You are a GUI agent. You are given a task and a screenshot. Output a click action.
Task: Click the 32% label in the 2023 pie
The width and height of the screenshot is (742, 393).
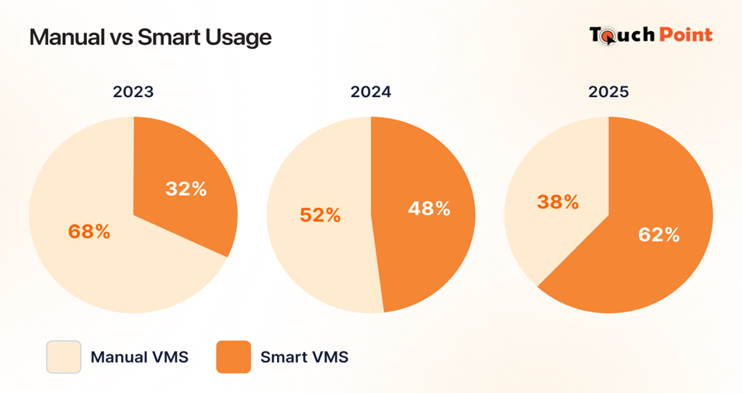[x=186, y=189]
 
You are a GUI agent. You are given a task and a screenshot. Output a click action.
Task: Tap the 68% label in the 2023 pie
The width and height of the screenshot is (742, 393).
[x=89, y=231]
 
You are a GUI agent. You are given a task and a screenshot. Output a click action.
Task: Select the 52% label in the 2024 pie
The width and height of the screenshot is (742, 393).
[x=321, y=215]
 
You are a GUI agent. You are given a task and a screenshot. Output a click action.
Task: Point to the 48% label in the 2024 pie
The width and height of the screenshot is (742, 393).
[x=429, y=208]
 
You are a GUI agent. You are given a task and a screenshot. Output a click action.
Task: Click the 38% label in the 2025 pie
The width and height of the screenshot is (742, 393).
[x=558, y=202]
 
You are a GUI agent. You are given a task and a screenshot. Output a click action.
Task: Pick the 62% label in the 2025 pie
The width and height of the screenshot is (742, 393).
[x=659, y=234]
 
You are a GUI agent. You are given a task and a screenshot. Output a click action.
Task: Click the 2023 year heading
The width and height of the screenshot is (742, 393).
[x=133, y=92]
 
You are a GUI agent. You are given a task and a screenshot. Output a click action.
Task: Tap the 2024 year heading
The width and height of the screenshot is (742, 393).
[x=371, y=92]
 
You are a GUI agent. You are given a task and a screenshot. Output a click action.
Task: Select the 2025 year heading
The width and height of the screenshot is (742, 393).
[x=609, y=92]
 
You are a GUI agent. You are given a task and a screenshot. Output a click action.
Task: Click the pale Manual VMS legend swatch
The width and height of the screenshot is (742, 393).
[x=63, y=357]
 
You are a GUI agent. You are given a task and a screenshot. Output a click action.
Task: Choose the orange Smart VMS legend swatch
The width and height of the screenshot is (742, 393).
[x=234, y=357]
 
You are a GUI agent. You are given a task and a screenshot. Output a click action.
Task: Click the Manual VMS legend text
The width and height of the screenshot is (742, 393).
[x=140, y=358]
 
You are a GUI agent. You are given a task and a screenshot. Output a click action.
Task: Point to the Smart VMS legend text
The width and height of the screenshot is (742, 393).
[x=304, y=358]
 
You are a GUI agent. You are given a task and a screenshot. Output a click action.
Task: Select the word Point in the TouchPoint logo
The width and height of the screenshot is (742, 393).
[x=685, y=35]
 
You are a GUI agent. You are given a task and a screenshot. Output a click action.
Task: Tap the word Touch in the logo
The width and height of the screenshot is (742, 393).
[x=621, y=35]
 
